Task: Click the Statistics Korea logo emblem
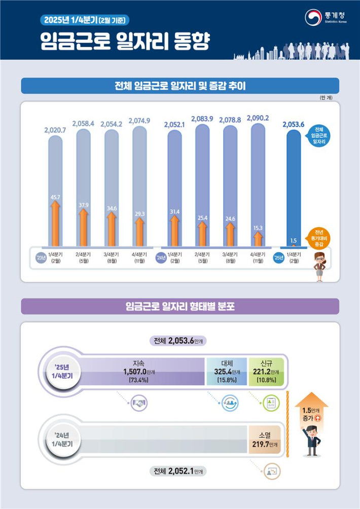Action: coord(312,17)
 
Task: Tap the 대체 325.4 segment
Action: coord(227,371)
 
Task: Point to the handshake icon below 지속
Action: coord(140,404)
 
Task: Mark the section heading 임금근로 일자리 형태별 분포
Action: coord(179,306)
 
